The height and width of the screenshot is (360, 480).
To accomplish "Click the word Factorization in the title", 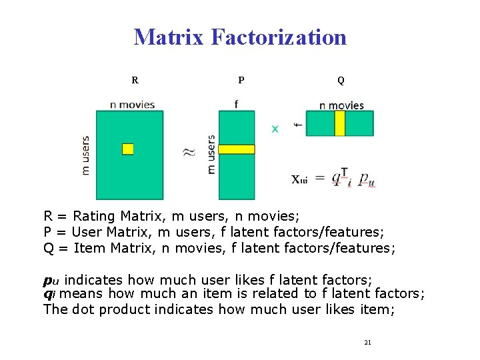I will (279, 37).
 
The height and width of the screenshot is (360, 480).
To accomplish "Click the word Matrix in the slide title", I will (169, 37).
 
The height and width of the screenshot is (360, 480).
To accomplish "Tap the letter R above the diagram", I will (135, 81).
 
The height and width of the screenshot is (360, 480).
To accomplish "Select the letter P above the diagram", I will (241, 81).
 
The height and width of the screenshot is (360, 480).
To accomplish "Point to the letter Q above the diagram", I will (341, 81).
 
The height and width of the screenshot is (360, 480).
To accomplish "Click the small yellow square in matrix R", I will (128, 149).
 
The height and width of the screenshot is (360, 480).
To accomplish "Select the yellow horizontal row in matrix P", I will (236, 149).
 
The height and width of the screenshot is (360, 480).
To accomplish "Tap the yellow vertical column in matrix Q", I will (339, 123).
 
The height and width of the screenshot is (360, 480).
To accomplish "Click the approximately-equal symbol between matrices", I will (189, 152).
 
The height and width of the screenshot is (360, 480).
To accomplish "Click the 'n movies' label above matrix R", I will (132, 104).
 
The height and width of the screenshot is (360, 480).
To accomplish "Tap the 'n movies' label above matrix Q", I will (341, 105).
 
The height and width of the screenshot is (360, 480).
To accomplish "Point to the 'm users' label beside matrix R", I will (85, 155).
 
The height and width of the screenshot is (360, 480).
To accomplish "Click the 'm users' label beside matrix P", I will (211, 155).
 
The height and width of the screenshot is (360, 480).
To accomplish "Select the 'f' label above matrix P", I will (236, 103).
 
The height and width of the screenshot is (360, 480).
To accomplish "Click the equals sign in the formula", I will (320, 177).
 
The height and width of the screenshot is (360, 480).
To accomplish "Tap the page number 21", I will (367, 342).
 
